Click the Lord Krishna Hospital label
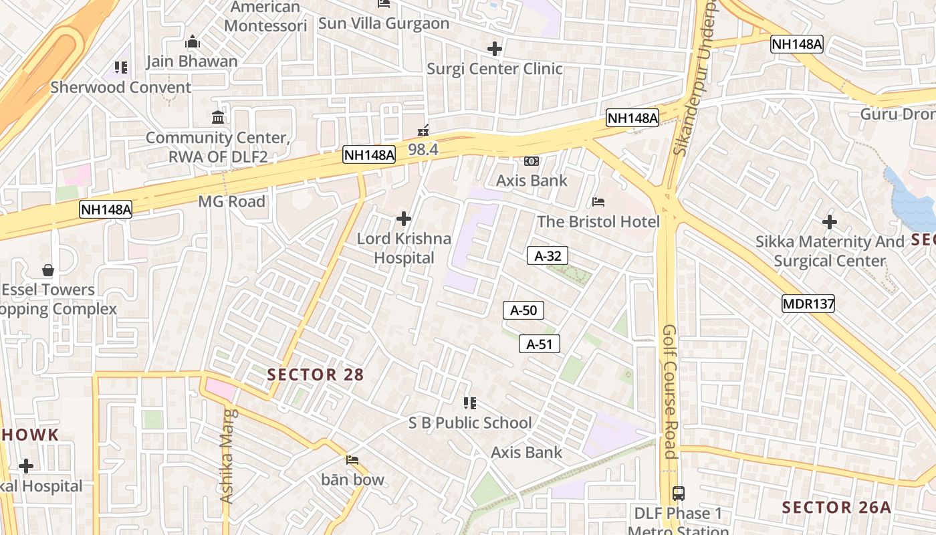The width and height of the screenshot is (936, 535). point(404,248)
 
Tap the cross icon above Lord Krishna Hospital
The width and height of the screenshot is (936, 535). point(404,219)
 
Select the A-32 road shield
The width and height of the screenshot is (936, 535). point(548,255)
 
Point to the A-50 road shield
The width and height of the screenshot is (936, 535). point(523,310)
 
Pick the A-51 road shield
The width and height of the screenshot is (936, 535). point(540,344)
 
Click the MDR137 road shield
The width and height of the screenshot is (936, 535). point(808,304)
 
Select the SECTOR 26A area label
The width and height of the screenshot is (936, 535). point(836,508)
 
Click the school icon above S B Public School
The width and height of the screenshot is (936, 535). point(470,403)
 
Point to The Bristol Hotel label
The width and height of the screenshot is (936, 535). point(598,221)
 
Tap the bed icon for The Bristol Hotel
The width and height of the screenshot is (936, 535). point(598,202)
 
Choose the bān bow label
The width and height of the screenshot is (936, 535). point(353,479)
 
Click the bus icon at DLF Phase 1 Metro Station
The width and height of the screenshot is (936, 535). point(679,494)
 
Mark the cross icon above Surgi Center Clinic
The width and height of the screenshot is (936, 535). point(495,49)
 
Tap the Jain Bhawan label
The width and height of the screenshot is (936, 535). point(192,62)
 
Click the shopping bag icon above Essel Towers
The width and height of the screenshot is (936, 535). point(48,270)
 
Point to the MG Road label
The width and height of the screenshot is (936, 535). point(231,201)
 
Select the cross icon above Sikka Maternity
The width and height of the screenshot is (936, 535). point(830,222)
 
